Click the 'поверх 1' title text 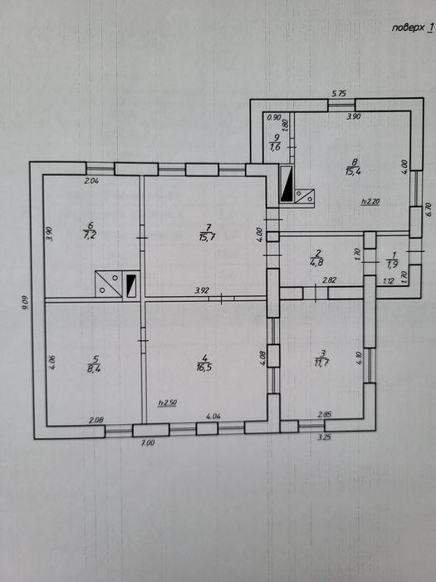412,28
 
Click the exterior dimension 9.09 25,303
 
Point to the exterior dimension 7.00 148,442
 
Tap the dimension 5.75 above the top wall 339,94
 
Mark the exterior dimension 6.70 429,210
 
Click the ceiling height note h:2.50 167,402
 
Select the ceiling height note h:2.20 370,201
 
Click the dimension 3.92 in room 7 202,291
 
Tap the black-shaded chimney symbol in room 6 131,286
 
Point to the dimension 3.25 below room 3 324,437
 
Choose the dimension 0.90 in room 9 274,117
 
